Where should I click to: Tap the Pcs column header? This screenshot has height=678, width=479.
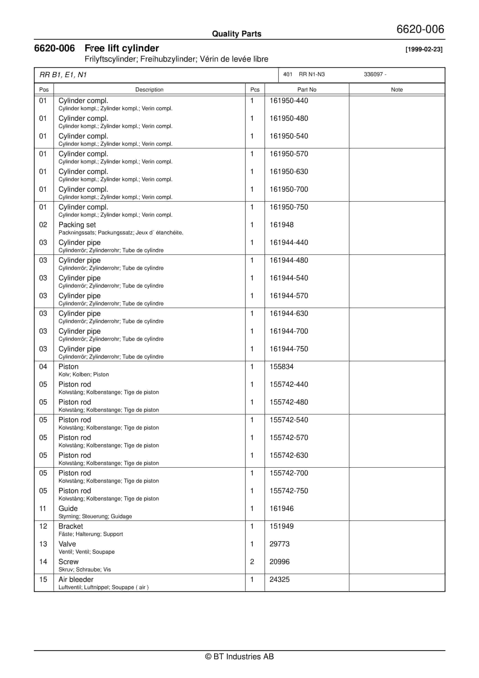[x=255, y=89]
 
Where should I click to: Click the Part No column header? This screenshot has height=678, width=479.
[x=307, y=89]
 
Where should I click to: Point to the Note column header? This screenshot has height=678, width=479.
[x=396, y=89]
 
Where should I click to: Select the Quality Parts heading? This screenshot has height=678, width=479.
[x=236, y=34]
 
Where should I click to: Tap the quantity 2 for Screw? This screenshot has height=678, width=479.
[x=252, y=562]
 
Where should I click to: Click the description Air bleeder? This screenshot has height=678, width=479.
[x=76, y=579]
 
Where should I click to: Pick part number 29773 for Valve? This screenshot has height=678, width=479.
[x=279, y=544]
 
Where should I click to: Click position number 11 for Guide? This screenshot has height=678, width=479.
[x=43, y=508]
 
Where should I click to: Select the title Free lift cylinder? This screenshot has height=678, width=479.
[x=122, y=48]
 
